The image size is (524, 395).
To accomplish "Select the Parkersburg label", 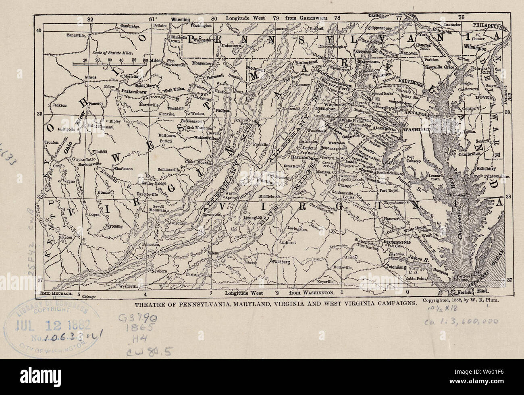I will point(131,91).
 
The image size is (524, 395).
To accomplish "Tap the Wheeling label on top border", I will point(181,19).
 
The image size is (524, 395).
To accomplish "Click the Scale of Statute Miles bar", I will point(109,63).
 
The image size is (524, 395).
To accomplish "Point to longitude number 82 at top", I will point(89,19).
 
